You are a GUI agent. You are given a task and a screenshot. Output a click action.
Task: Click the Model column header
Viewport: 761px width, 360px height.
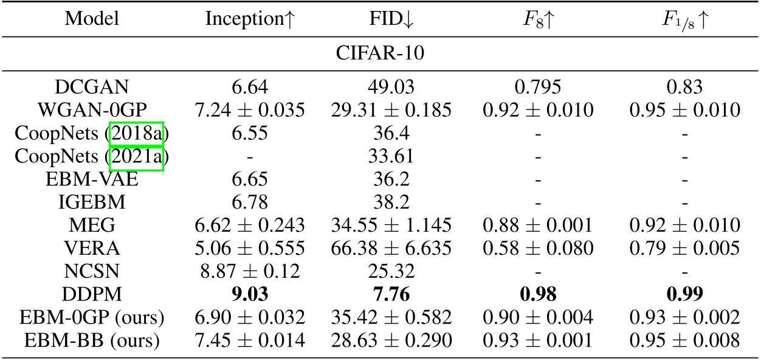click(92, 19)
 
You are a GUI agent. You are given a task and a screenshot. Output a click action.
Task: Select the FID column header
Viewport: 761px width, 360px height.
click(391, 19)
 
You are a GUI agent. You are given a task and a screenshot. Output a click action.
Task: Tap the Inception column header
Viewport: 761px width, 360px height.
click(250, 19)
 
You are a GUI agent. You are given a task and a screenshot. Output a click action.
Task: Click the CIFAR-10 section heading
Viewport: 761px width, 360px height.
click(380, 54)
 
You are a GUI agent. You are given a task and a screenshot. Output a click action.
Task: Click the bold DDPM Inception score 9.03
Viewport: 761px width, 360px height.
click(250, 294)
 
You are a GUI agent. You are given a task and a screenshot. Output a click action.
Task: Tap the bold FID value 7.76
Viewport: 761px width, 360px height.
click(391, 294)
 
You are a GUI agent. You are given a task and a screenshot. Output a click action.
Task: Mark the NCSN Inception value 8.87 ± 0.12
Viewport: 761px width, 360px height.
click(250, 271)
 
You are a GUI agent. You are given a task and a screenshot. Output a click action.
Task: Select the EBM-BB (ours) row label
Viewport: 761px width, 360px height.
click(92, 340)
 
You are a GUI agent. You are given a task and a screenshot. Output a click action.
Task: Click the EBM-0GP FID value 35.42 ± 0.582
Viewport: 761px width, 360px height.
click(391, 317)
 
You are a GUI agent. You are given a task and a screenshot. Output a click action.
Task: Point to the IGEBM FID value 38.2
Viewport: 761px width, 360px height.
click(391, 202)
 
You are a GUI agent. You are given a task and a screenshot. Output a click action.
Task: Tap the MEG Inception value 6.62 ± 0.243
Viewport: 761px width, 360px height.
click(250, 226)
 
